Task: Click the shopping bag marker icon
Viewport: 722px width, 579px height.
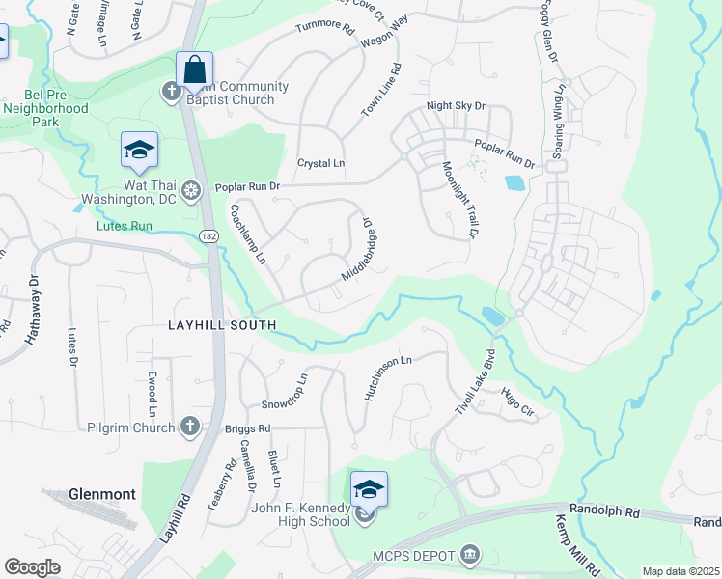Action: pyautogui.click(x=195, y=70)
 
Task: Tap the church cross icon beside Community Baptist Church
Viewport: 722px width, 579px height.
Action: pyautogui.click(x=170, y=92)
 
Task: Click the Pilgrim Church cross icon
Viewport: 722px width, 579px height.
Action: pyautogui.click(x=190, y=426)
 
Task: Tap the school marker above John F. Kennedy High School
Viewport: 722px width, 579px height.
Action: pyautogui.click(x=368, y=489)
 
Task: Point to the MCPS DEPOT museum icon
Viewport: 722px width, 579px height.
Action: pyautogui.click(x=470, y=554)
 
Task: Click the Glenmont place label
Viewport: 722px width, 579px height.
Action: pyautogui.click(x=101, y=494)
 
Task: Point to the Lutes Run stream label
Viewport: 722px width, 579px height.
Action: pyautogui.click(x=125, y=226)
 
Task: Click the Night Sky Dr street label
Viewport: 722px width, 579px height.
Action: pyautogui.click(x=456, y=106)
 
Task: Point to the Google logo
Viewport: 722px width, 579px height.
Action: pyautogui.click(x=33, y=567)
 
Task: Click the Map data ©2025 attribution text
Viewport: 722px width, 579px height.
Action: pyautogui.click(x=681, y=571)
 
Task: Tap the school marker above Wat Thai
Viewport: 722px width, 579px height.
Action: pyautogui.click(x=139, y=150)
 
